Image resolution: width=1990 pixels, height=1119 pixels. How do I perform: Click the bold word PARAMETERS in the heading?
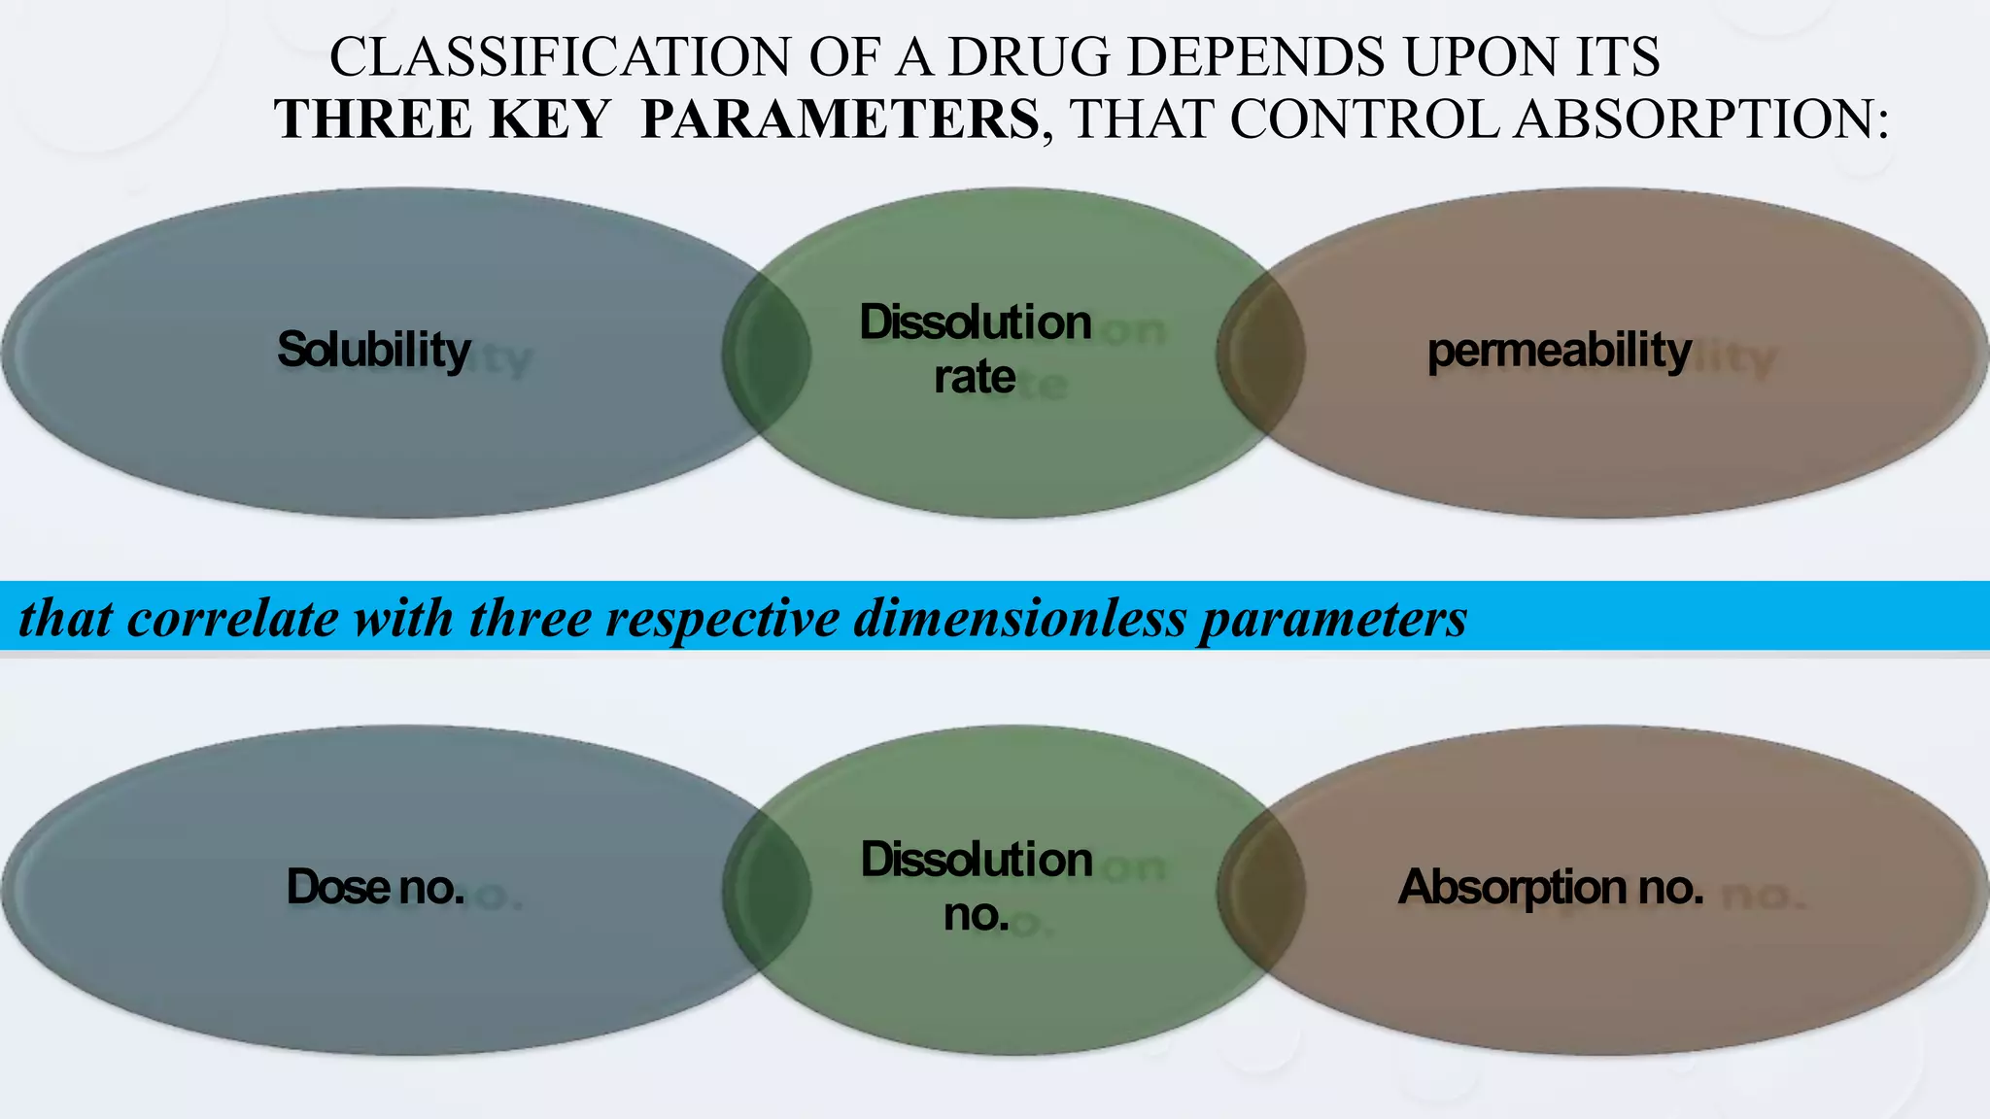(x=840, y=119)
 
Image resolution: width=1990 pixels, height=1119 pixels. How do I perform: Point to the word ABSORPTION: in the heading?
(x=1700, y=119)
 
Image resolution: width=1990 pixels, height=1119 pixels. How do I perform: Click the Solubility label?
(x=373, y=350)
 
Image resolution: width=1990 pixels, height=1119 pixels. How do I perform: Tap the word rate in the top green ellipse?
(x=974, y=377)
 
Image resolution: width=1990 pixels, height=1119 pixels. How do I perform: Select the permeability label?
(x=1559, y=350)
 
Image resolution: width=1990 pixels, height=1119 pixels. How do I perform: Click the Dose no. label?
(x=375, y=887)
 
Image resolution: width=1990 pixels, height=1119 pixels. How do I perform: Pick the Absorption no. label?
(x=1550, y=887)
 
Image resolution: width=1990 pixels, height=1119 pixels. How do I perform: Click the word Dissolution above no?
(x=976, y=860)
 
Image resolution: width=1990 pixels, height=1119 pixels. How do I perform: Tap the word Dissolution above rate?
(x=975, y=322)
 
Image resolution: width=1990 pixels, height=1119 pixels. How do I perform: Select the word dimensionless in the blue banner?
(x=1019, y=619)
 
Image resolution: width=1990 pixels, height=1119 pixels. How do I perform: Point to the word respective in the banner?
(x=722, y=619)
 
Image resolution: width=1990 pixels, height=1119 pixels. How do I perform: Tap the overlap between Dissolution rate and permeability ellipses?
(x=1260, y=353)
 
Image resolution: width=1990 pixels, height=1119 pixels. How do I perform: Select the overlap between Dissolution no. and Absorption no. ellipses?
(x=1260, y=890)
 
